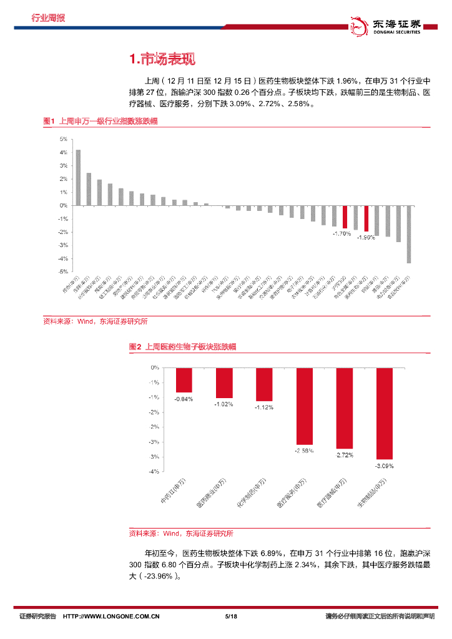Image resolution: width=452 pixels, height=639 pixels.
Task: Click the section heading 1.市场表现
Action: point(162,59)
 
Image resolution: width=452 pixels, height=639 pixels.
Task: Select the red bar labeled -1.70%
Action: point(345,217)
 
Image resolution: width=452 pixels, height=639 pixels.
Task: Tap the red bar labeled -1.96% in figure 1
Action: point(366,218)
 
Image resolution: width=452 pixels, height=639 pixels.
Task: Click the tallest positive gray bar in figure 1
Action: point(78,177)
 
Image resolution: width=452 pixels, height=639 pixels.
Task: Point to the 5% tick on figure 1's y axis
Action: point(64,140)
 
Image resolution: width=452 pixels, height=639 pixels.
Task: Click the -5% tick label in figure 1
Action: point(63,271)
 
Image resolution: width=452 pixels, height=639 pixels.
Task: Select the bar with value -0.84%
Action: point(184,380)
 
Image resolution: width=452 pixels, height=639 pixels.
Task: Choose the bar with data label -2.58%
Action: point(304,406)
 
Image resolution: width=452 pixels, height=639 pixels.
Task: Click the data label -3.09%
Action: point(384,466)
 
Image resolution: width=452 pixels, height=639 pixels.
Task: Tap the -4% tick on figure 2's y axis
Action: point(154,472)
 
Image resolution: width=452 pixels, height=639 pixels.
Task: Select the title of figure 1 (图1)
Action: point(99,121)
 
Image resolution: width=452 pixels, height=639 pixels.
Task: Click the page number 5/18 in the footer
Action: point(230,617)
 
